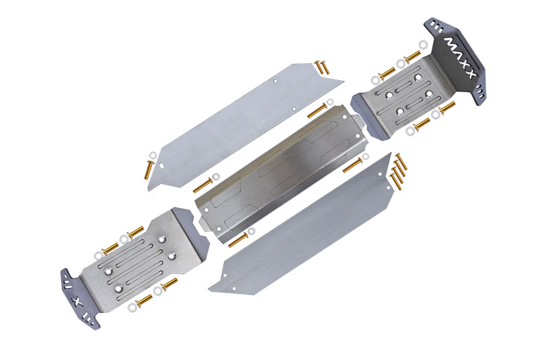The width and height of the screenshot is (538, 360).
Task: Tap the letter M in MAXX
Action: point(449,42)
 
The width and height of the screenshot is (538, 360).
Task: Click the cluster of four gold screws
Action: point(399,172)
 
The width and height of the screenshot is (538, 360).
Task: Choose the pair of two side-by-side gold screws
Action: point(320,67)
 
